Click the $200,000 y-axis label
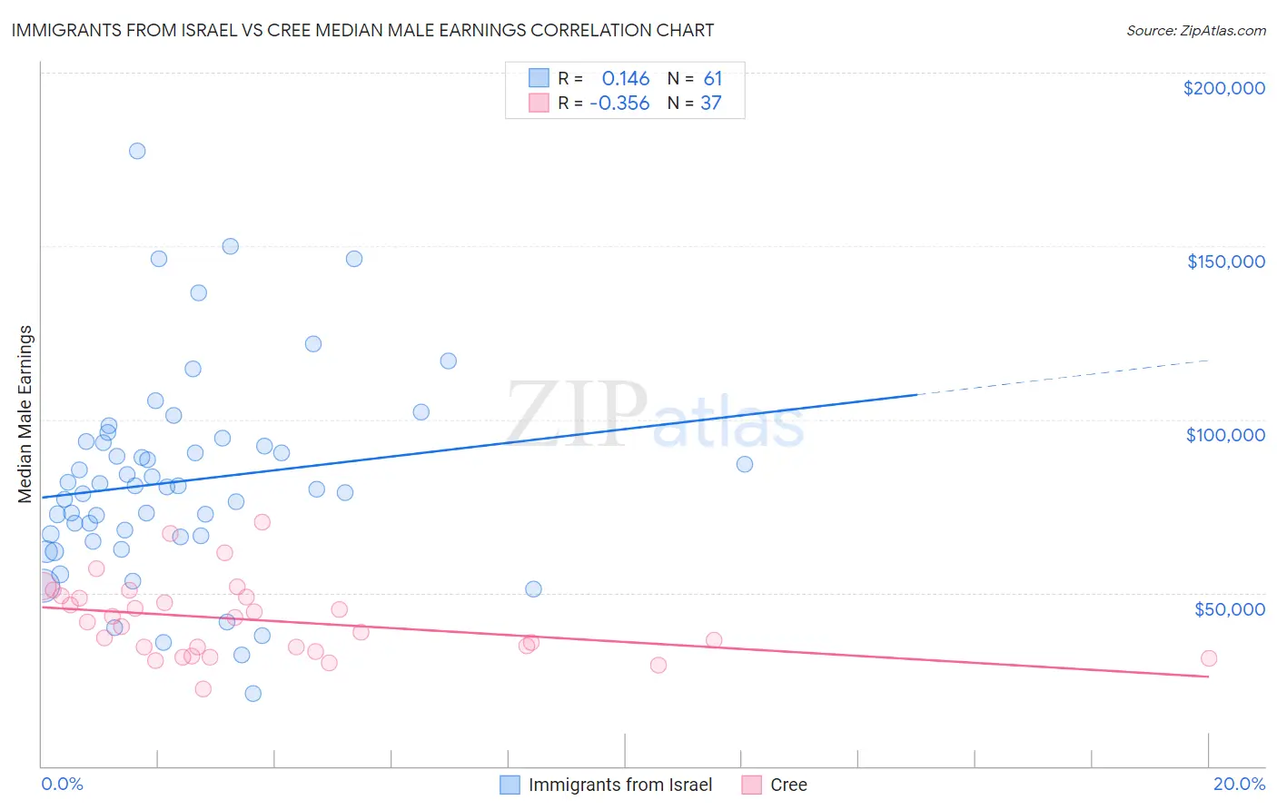(1223, 88)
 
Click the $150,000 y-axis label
(1225, 262)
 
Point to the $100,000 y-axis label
(1225, 435)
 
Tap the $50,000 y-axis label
(1229, 608)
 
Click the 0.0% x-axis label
(62, 784)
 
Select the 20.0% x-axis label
(1239, 784)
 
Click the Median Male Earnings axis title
(25, 413)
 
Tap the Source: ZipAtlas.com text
(1195, 30)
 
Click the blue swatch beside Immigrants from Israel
(510, 785)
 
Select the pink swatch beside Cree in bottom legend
(752, 785)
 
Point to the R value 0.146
(626, 79)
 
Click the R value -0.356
(619, 104)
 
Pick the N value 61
(713, 79)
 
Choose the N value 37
(711, 104)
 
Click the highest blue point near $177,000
(137, 151)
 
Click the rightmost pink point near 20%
(1208, 658)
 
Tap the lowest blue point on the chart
(253, 694)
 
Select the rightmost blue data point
(745, 464)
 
